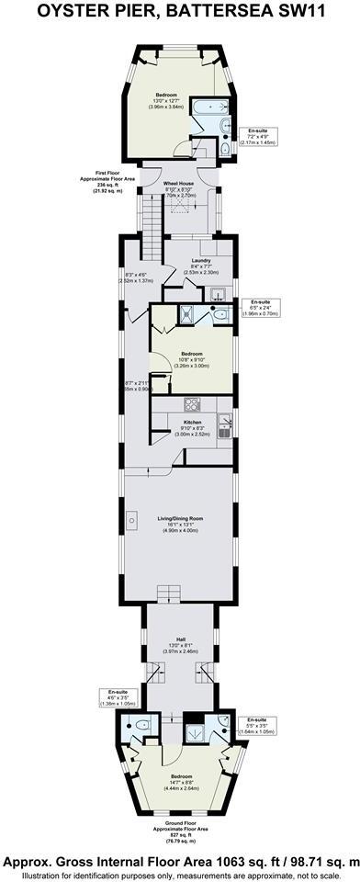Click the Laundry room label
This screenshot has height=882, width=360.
pos(201,261)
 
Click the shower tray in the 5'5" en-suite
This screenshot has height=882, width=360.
pos(195,731)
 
